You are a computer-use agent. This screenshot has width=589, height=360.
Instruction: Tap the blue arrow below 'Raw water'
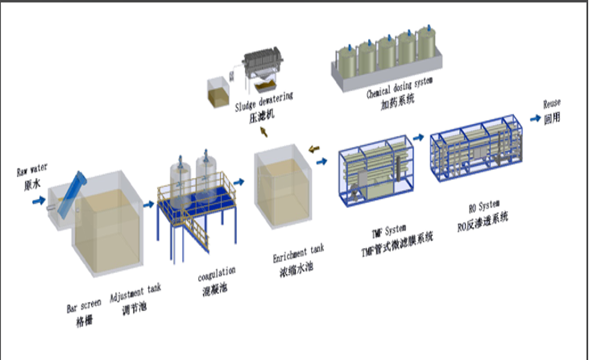(38, 201)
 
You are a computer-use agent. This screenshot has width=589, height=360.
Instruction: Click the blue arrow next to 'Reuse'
(534, 118)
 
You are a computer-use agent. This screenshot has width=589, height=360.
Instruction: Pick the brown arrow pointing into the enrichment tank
(314, 147)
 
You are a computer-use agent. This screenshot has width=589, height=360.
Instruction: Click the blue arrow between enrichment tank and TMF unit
(322, 162)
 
